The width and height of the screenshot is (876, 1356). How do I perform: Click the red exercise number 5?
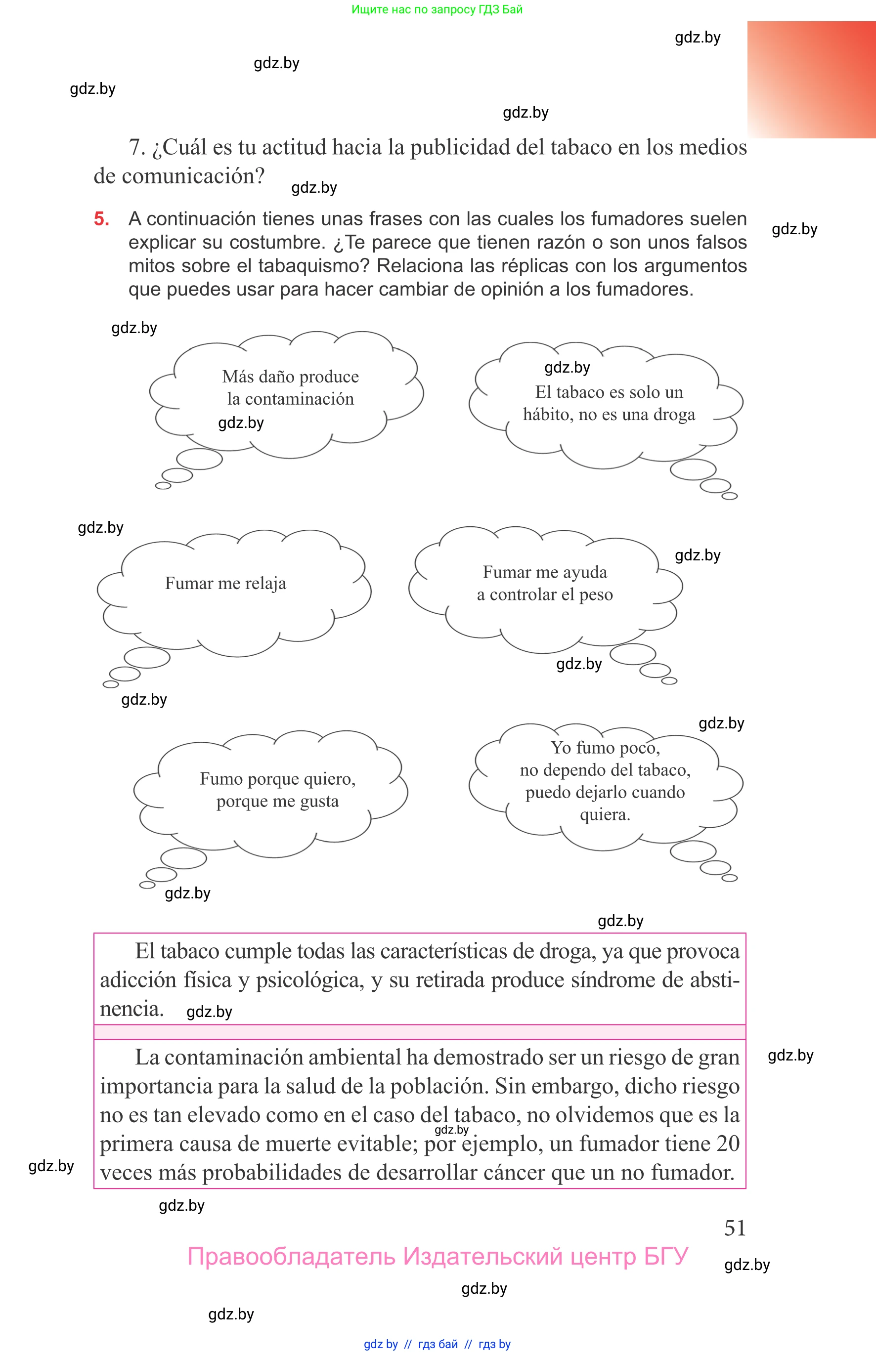101,219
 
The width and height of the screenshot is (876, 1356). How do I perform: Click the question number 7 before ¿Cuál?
136,147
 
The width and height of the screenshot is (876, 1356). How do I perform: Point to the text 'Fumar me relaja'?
225,583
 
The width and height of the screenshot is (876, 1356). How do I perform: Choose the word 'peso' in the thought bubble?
596,594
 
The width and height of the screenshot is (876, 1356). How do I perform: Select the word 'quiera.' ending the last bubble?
605,815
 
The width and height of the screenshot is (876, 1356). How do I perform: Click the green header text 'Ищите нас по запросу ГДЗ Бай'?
437,9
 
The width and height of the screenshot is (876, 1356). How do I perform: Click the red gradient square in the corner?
811,80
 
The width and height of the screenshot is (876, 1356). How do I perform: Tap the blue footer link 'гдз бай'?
438,1344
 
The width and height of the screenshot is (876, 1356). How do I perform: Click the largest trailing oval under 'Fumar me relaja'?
147,658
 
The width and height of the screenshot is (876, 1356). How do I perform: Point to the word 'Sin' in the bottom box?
510,1087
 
